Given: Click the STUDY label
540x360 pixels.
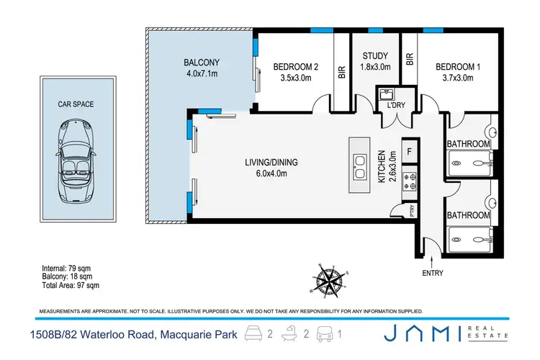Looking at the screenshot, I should click(374, 55).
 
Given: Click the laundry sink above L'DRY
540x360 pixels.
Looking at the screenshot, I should click(384, 94).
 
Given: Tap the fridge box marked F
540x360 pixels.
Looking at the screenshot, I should click(409, 151).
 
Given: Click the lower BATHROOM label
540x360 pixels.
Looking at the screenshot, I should click(469, 215).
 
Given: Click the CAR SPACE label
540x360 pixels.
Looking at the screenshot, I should click(76, 104).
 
